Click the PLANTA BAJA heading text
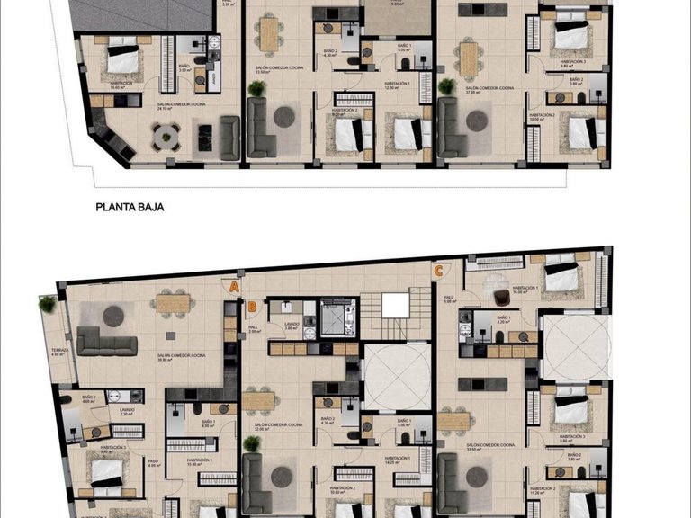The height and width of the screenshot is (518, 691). point(135,206)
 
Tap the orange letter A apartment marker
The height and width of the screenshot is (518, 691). point(234,287)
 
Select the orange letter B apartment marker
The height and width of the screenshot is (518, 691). point(254,306)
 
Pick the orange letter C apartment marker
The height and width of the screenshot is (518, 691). point(438,269)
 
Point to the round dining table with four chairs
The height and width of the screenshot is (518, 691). point(164,135)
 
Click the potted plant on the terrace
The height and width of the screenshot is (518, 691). point(47,304)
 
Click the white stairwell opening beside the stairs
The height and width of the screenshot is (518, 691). point(395,306)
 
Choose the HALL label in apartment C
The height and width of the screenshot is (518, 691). point(448,298)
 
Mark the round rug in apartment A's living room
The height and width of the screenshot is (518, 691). point(113,316)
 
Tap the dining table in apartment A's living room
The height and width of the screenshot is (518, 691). point(172,303)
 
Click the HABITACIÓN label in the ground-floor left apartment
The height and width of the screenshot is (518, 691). point(121,83)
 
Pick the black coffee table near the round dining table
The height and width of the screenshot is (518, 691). point(204,137)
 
